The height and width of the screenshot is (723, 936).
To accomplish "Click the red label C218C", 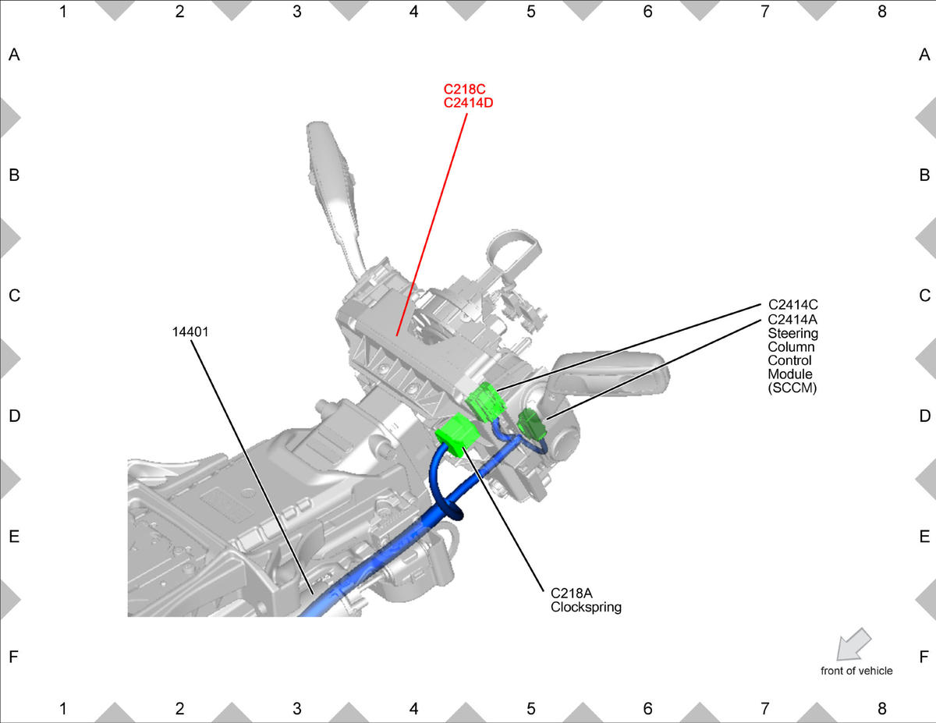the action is [x=464, y=89].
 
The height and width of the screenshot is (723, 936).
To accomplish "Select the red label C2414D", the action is [x=468, y=103].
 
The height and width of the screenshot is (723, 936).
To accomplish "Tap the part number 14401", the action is [x=190, y=332].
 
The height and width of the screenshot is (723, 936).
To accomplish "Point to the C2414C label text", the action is [x=792, y=305].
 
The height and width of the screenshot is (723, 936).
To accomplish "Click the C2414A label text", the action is [x=792, y=320].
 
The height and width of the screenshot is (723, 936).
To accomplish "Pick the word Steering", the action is [x=792, y=333].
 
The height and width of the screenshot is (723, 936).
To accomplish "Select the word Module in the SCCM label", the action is [x=789, y=374].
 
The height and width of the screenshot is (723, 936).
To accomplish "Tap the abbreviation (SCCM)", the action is [x=792, y=388].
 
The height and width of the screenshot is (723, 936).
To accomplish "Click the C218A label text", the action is [x=571, y=594].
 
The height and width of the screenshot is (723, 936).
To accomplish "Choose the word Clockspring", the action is [x=586, y=608].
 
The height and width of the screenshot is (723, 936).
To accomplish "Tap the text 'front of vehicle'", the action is [x=856, y=671].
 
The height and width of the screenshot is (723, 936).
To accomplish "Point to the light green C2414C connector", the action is [x=485, y=402].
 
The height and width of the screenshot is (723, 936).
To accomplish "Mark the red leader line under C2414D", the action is [x=431, y=225].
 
